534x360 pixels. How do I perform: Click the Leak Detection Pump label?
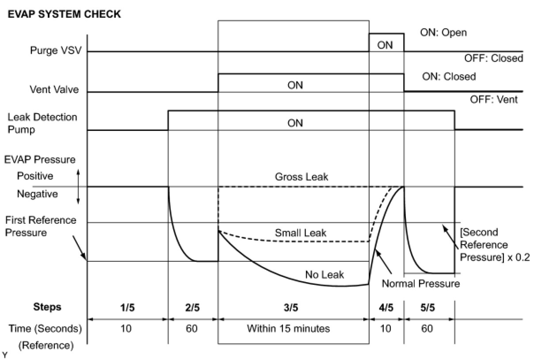click(42, 123)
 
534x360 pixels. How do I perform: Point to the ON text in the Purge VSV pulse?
click(385, 45)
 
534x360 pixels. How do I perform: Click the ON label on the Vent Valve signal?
click(295, 85)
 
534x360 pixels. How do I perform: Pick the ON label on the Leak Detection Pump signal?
click(295, 123)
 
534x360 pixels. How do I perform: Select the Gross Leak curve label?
click(301, 177)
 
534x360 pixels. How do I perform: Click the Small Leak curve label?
click(301, 233)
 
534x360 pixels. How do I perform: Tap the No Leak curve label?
click(324, 275)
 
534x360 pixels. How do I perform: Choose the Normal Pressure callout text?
click(421, 283)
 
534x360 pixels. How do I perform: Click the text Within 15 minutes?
click(288, 329)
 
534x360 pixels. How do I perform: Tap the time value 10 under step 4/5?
click(385, 329)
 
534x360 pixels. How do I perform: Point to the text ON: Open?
click(443, 33)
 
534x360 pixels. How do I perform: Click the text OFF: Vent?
click(494, 100)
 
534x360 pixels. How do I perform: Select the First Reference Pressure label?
click(41, 226)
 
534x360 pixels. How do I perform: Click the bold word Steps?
click(47, 307)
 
